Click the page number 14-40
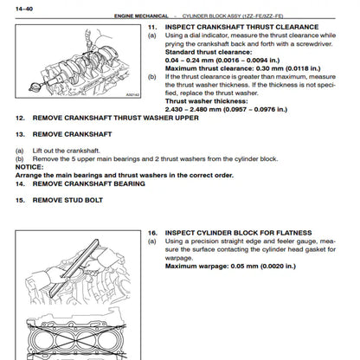point(24,9)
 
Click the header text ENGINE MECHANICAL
point(141,16)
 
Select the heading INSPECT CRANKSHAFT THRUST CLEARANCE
point(241,27)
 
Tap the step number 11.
point(152,27)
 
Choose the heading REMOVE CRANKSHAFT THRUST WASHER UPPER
point(116,118)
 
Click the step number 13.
point(20,134)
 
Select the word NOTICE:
point(29,167)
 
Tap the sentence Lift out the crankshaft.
point(67,151)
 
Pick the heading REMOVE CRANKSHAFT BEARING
point(89,183)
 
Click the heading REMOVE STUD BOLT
point(67,200)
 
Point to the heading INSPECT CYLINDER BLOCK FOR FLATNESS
point(239,233)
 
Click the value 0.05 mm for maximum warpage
point(244,267)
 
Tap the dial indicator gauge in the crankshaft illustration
point(35,87)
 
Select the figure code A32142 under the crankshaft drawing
point(132,94)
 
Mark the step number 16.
point(152,233)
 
